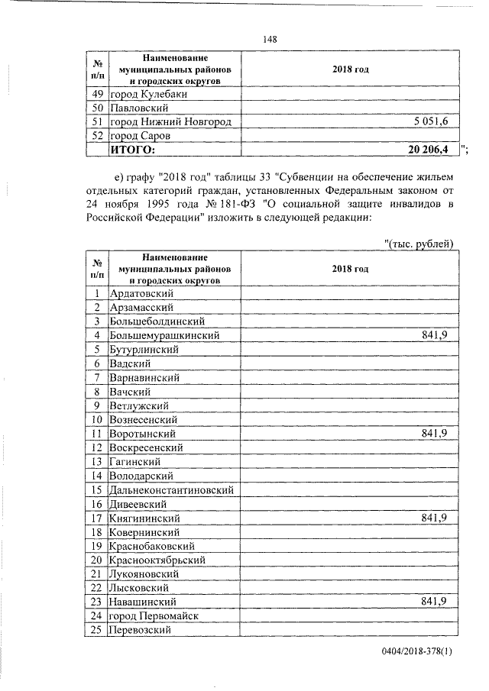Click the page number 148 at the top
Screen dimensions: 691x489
pos(269,40)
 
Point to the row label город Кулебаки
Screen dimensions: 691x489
pos(149,94)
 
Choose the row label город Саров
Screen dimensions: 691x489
pos(142,136)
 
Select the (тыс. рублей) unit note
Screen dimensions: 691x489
pos(419,244)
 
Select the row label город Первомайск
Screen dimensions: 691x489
pos(155,616)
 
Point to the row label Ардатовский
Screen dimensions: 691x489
pos(143,293)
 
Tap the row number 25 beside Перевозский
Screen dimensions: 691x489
pos(97,630)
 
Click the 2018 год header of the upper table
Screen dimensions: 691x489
pos(351,69)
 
